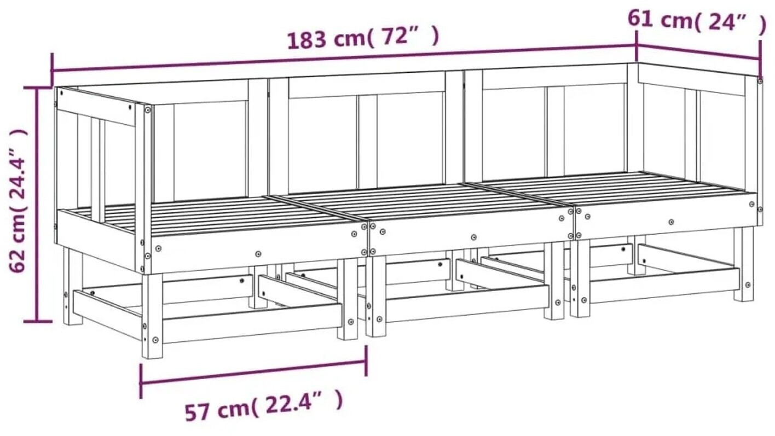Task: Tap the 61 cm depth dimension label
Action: pyautogui.click(x=697, y=22)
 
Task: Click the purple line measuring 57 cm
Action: pyautogui.click(x=253, y=373)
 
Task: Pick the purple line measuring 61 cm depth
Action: pyautogui.click(x=698, y=53)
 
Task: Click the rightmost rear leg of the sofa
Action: pyautogui.click(x=743, y=265)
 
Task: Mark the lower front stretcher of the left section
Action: pyautogui.click(x=252, y=324)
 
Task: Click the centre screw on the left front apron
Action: pyautogui.click(x=258, y=254)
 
